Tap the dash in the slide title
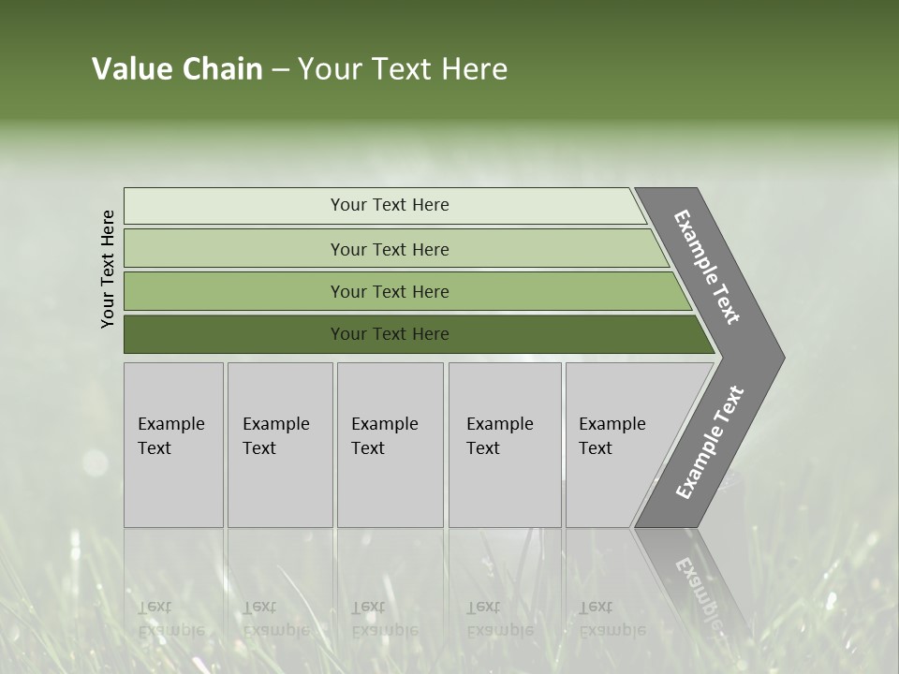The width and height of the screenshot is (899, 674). click(280, 70)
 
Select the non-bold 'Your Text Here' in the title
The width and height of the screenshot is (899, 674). click(402, 69)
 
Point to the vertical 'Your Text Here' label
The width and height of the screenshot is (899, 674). click(108, 269)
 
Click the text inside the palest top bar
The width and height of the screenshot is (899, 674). click(390, 205)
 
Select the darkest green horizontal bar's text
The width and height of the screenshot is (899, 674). click(390, 334)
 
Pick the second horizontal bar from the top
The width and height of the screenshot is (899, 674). click(390, 249)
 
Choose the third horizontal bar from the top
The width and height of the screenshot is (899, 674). click(390, 292)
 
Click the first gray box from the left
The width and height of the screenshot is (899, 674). click(173, 445)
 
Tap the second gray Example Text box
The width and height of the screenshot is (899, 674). click(280, 445)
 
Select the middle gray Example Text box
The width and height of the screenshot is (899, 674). click(390, 445)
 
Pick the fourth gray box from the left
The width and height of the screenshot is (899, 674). click(505, 445)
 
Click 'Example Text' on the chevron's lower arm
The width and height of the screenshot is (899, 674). click(709, 443)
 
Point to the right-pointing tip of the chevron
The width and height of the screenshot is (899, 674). click(780, 358)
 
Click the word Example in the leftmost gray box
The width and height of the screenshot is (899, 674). click(170, 424)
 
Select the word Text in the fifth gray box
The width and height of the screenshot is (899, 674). click(596, 448)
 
